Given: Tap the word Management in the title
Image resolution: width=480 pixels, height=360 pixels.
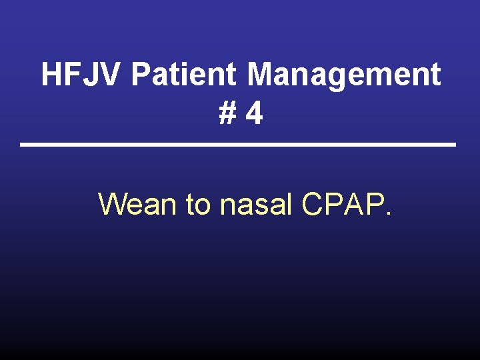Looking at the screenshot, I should click(x=344, y=75).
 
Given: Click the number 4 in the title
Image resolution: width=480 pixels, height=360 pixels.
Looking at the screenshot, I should click(x=253, y=114).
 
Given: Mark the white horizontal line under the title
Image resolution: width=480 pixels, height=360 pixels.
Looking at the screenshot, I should click(x=238, y=145).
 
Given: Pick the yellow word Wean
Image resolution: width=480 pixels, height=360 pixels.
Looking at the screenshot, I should click(x=138, y=204).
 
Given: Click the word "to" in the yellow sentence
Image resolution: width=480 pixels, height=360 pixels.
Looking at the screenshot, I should click(x=198, y=204).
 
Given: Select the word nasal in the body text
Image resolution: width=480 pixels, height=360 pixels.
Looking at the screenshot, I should click(x=256, y=204).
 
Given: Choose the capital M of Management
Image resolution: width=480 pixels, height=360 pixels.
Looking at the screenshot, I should click(x=261, y=75).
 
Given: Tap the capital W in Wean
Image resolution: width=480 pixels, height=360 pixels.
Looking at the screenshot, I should click(x=112, y=204).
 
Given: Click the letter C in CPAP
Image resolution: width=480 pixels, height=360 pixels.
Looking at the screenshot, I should click(x=313, y=204).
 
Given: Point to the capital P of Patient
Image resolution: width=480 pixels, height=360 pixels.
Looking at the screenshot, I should click(x=141, y=75).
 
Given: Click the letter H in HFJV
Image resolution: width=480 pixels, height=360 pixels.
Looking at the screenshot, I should click(x=53, y=75).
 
